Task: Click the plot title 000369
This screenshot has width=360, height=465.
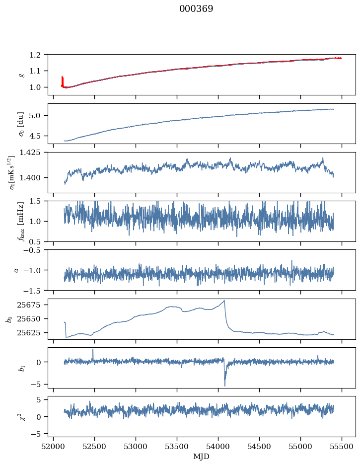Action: click(x=196, y=9)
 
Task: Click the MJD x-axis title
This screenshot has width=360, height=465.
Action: click(x=202, y=457)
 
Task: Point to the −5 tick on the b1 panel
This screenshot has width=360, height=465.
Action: click(x=39, y=385)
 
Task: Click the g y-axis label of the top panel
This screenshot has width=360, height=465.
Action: click(x=21, y=75)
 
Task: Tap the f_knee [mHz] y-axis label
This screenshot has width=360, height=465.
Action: click(x=21, y=221)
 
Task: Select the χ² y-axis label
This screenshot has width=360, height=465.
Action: click(x=21, y=416)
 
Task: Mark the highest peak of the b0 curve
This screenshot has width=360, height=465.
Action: click(x=224, y=301)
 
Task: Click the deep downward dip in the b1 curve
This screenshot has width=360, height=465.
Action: click(x=225, y=385)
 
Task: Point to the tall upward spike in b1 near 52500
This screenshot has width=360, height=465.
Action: click(x=93, y=350)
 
